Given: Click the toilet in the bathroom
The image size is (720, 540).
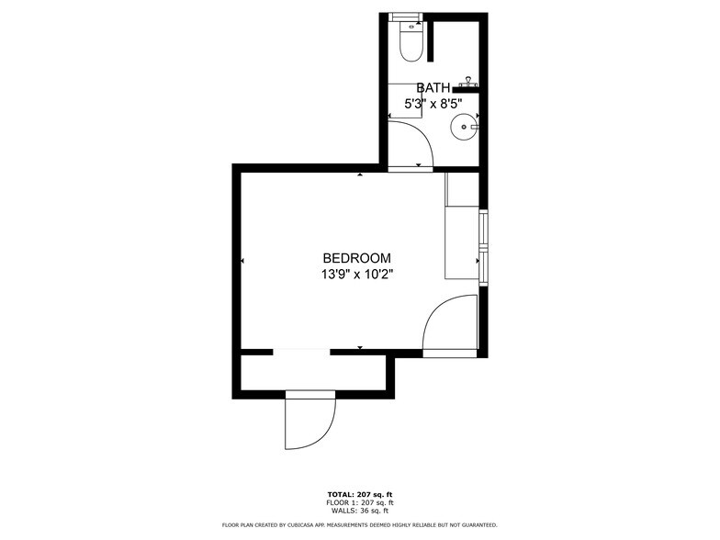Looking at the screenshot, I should (410, 44).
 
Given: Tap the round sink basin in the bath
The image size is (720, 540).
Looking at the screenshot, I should (465, 127).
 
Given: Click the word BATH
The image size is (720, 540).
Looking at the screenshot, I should (433, 88).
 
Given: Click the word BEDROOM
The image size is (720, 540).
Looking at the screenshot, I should (357, 259).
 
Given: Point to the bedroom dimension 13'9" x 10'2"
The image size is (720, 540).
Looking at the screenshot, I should (357, 274).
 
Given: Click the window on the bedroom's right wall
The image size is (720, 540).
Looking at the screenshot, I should (483, 245).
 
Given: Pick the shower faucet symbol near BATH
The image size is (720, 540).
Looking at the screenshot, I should (468, 82).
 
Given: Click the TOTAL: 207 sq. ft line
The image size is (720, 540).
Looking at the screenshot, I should (360, 494).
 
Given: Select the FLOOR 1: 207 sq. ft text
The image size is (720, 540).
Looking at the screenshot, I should (360, 502).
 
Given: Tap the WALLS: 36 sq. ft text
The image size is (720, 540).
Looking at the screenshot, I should (360, 511).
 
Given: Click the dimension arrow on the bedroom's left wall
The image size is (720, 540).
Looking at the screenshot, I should (242, 262).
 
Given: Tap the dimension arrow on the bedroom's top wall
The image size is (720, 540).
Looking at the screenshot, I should (360, 172).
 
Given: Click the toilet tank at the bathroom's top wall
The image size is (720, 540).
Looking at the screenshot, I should (405, 17).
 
